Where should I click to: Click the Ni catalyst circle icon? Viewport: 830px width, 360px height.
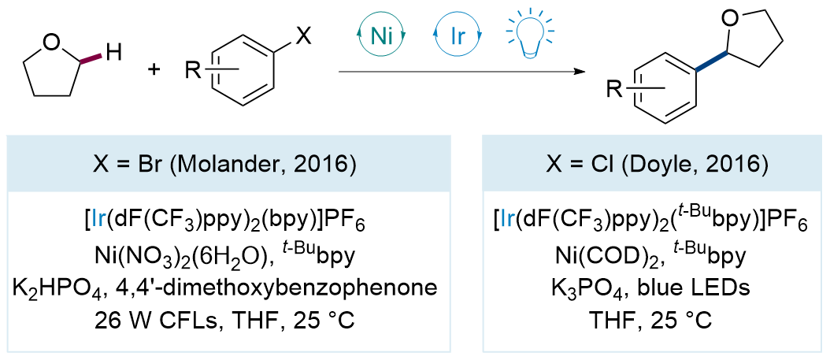[x=381, y=37]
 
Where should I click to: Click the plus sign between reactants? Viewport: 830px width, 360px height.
[x=154, y=70]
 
